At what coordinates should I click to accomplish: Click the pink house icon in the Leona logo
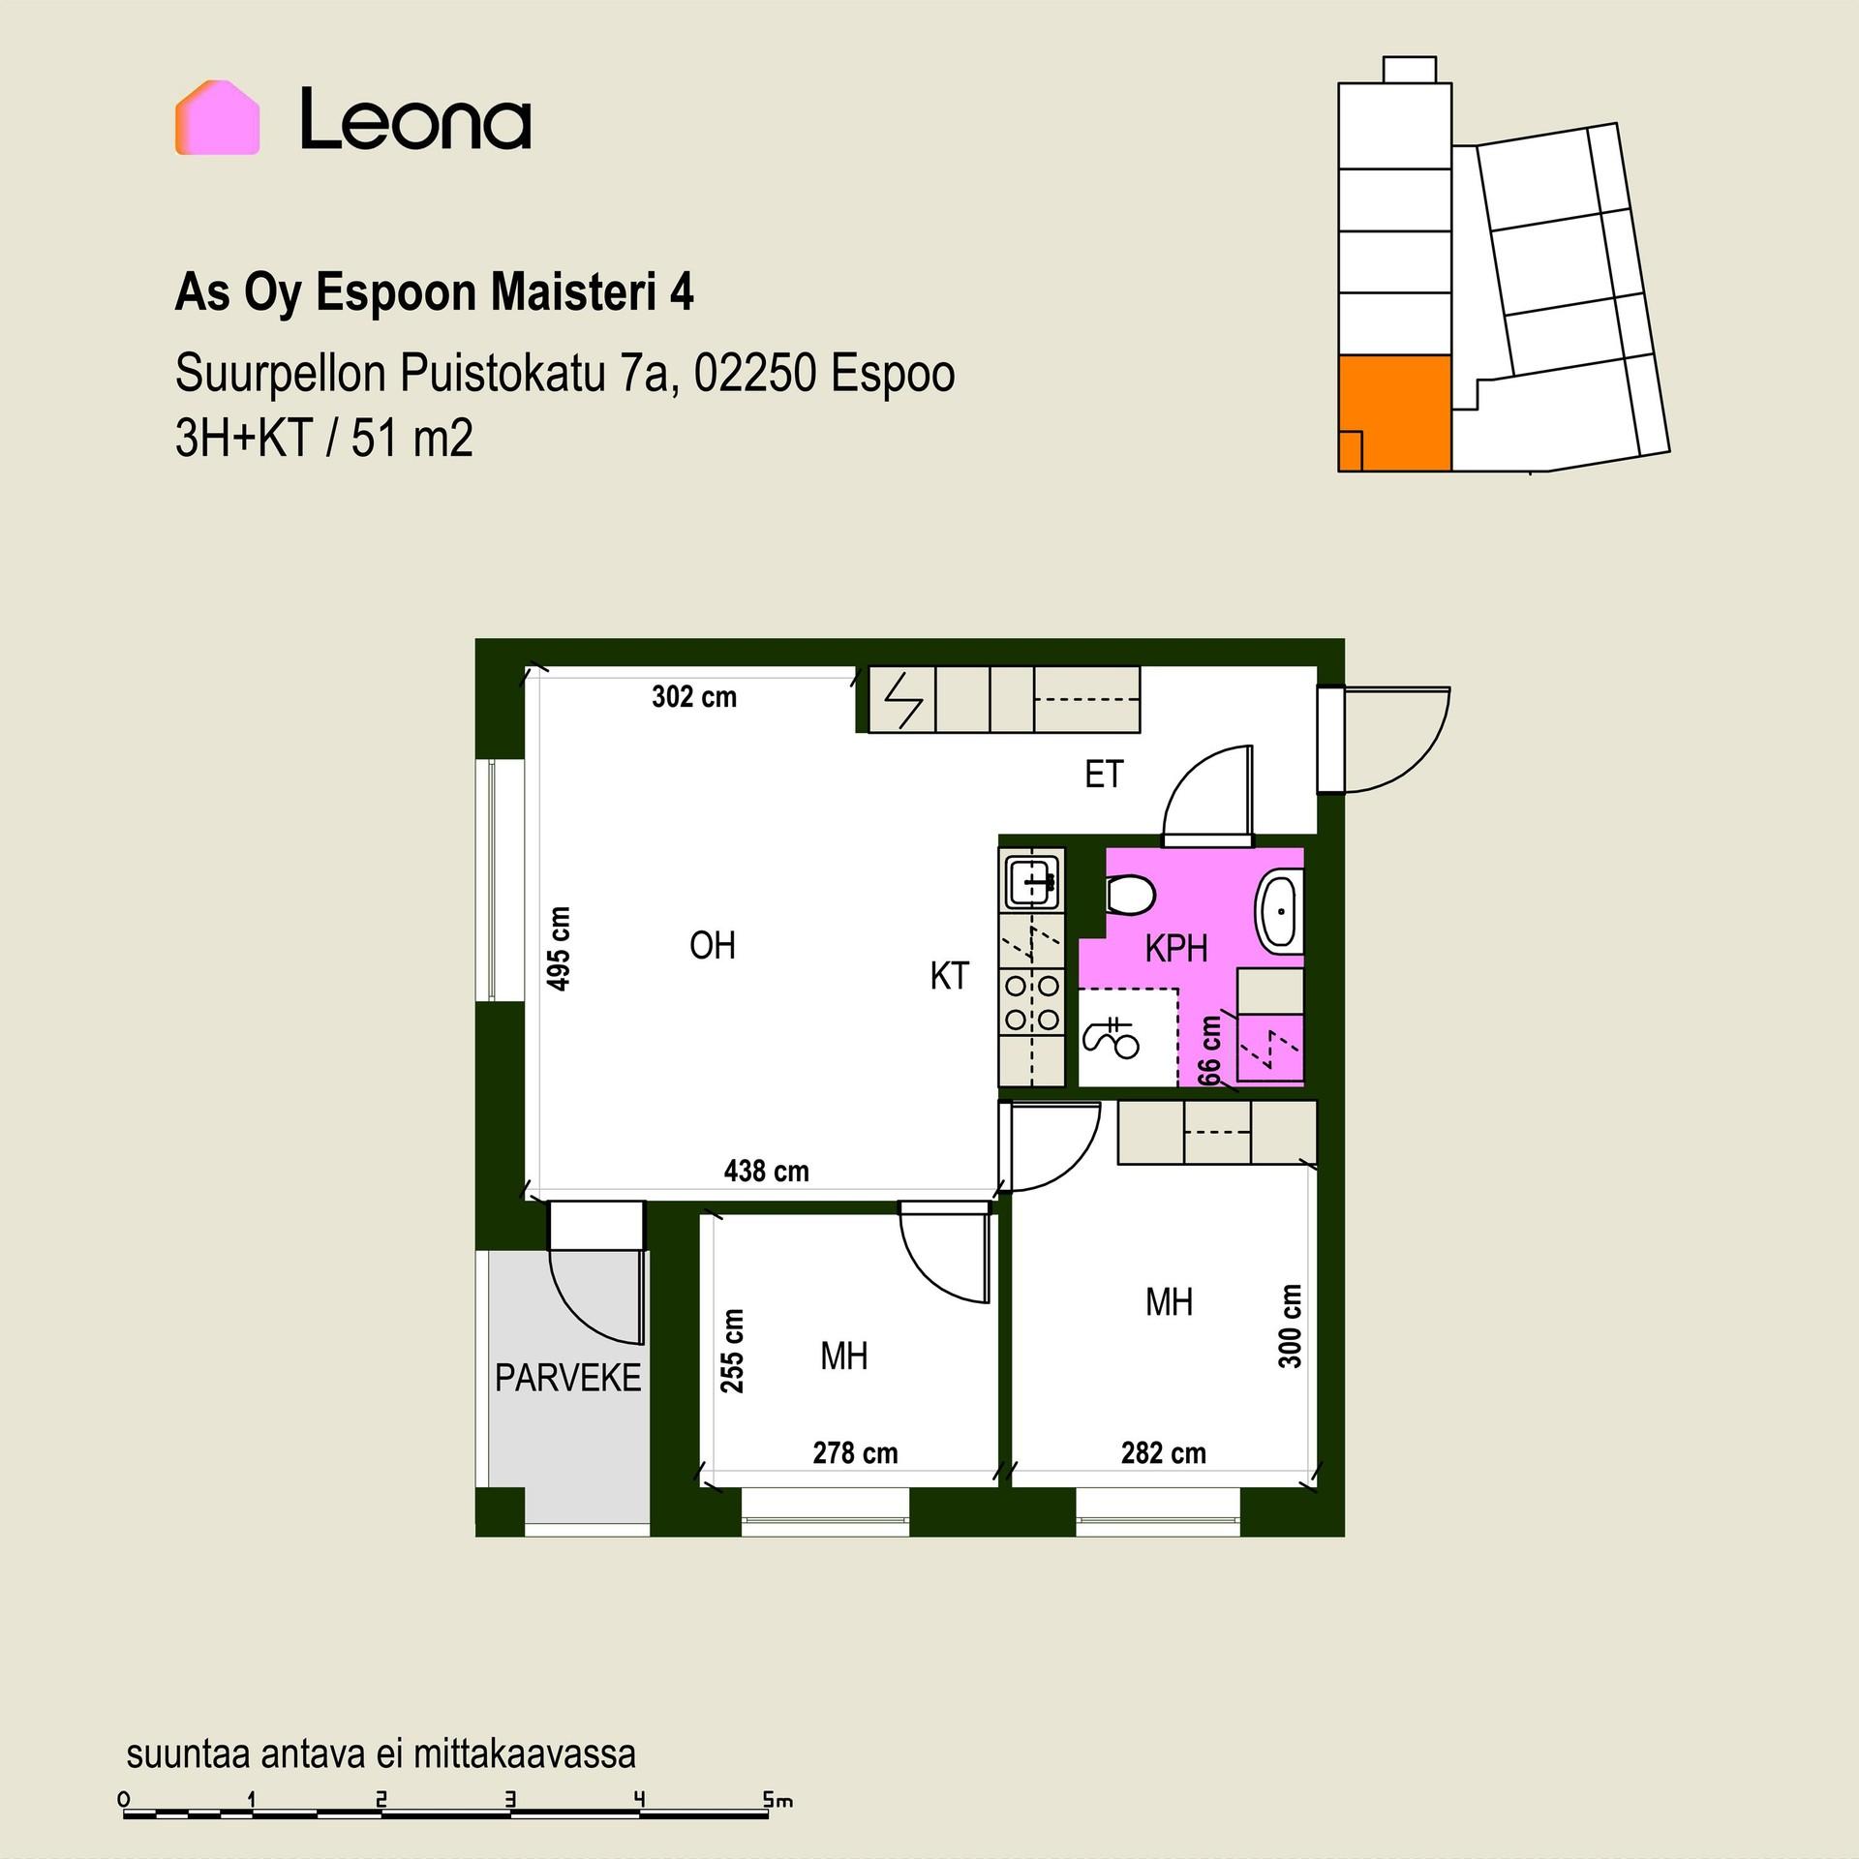pyautogui.click(x=217, y=117)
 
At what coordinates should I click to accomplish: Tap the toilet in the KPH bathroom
pyautogui.click(x=1130, y=895)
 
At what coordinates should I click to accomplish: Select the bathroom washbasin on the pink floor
pyautogui.click(x=1279, y=911)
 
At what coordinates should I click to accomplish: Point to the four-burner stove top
pyautogui.click(x=1032, y=1001)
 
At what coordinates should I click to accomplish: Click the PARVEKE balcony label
pyautogui.click(x=568, y=1378)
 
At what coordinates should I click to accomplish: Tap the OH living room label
pyautogui.click(x=713, y=945)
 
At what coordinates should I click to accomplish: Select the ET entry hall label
pyautogui.click(x=1104, y=775)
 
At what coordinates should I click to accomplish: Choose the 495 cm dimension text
pyautogui.click(x=559, y=949)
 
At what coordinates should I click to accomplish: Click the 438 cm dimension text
pyautogui.click(x=766, y=1172)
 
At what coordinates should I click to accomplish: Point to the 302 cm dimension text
pyautogui.click(x=694, y=697)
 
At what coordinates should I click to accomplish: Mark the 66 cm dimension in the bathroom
pyautogui.click(x=1209, y=1050)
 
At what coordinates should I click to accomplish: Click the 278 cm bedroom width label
pyautogui.click(x=855, y=1453)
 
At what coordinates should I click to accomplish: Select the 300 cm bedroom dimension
pyautogui.click(x=1290, y=1326)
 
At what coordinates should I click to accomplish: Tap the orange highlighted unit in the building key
pyautogui.click(x=1394, y=412)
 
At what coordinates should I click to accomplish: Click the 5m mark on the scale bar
pyautogui.click(x=777, y=1801)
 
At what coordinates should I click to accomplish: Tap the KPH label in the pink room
pyautogui.click(x=1176, y=949)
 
